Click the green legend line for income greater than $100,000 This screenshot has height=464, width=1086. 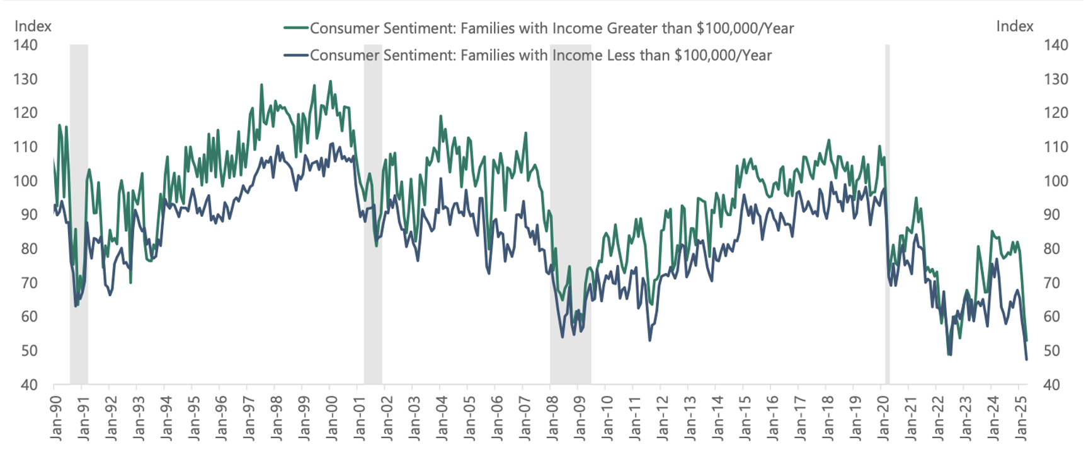pyautogui.click(x=296, y=28)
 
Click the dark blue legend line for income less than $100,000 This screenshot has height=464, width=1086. pyautogui.click(x=296, y=55)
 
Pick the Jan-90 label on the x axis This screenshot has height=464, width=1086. pyautogui.click(x=55, y=417)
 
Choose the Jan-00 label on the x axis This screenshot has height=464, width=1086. pyautogui.click(x=331, y=417)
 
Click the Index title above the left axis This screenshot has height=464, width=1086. pyautogui.click(x=33, y=26)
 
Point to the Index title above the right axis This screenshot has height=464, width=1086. pyautogui.click(x=1014, y=26)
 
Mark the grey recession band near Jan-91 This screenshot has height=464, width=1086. pyautogui.click(x=79, y=214)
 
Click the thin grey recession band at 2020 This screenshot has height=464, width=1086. pyautogui.click(x=887, y=214)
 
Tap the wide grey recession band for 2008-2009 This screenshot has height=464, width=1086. pyautogui.click(x=570, y=214)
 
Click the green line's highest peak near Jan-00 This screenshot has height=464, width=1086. pyautogui.click(x=330, y=81)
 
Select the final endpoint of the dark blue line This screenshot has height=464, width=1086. pyautogui.click(x=1027, y=359)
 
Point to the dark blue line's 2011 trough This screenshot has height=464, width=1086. pyautogui.click(x=649, y=340)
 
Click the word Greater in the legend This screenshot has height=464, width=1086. pyautogui.click(x=631, y=28)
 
